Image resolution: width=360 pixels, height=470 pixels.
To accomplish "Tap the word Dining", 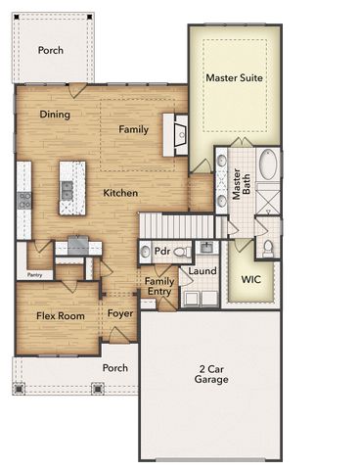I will click(x=56, y=115).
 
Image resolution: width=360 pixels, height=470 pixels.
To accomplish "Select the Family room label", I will click(x=134, y=129).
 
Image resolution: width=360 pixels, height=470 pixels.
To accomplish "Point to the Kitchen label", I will click(x=120, y=193).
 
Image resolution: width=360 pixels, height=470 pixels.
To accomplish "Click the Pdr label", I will click(x=162, y=251).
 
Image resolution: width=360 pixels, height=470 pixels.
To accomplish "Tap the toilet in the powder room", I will click(x=179, y=252).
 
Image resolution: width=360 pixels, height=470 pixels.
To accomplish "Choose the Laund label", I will click(x=202, y=271).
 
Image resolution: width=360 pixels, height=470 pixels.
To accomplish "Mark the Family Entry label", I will click(x=159, y=287).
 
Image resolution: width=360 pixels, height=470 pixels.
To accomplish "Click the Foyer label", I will click(x=120, y=314).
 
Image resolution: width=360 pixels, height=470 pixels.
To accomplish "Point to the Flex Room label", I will click(x=61, y=315).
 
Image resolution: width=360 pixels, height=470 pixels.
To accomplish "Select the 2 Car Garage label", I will click(x=210, y=374).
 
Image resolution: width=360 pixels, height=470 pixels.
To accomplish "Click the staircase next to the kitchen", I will click(x=174, y=226).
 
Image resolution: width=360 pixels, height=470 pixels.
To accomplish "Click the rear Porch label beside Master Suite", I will click(x=51, y=50).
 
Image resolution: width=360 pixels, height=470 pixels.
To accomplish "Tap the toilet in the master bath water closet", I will click(x=268, y=247).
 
